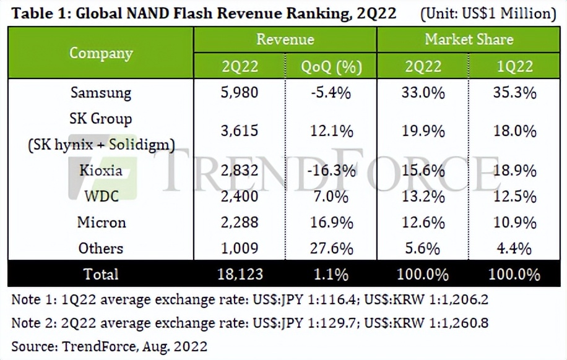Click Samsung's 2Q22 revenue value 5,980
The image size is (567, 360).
pos(240,93)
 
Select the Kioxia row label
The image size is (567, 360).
pos(101,171)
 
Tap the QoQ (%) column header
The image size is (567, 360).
pos(331,66)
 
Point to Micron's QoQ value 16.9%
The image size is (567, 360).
pos(331,222)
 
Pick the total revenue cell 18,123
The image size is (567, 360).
pos(240,273)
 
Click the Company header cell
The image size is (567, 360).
pos(101,53)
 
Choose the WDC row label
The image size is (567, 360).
pos(101,197)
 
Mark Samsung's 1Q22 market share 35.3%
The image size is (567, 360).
pos(513,93)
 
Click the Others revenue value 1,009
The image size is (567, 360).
pos(240,248)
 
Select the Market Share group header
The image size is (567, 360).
pos(469,40)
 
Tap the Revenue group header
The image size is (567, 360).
pos(285,40)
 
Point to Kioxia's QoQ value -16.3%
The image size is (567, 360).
pos(331,171)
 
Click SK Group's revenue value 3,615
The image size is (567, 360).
pos(240,131)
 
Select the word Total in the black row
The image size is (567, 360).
pos(101,273)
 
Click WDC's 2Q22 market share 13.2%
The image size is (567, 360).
pos(423,197)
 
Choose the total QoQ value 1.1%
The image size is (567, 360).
pos(331,273)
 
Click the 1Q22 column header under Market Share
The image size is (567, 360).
pos(513,66)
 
